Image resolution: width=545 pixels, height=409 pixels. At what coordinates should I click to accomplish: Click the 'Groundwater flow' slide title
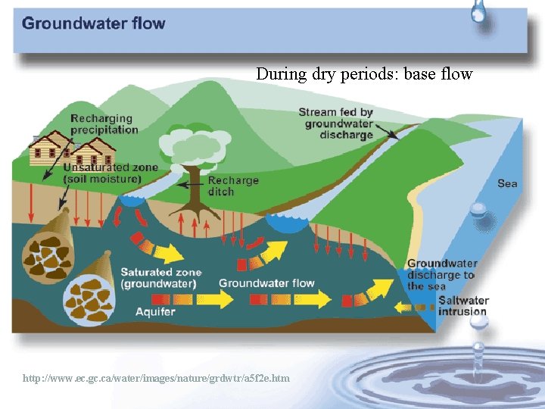pos(93,23)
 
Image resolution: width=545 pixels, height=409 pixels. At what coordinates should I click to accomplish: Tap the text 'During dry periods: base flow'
pos(364,74)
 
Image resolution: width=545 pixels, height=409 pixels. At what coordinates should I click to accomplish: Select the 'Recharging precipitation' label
pos(104,123)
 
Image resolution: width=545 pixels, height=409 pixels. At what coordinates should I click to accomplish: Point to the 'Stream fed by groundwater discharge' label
pos(336,123)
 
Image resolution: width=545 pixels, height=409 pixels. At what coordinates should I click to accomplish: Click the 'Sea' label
pos(507,183)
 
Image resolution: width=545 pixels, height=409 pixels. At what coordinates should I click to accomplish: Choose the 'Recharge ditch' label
pos(233,186)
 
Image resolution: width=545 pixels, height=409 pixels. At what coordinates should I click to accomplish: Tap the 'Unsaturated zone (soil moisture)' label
pos(111,173)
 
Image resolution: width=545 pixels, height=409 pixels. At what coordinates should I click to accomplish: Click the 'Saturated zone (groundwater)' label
pos(160,278)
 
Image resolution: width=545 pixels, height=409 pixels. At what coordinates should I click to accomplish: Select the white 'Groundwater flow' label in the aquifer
pos(266,283)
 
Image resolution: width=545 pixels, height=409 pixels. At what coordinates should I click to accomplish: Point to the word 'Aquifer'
pos(155,311)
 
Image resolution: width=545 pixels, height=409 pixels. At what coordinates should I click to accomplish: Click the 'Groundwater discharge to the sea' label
pos(442,274)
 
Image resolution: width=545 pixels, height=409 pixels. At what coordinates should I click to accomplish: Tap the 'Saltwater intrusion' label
pos(463,305)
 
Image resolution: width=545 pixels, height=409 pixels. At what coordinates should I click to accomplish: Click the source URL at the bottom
pos(156,378)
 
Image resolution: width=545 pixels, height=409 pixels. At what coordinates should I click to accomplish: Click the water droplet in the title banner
pos(478,12)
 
